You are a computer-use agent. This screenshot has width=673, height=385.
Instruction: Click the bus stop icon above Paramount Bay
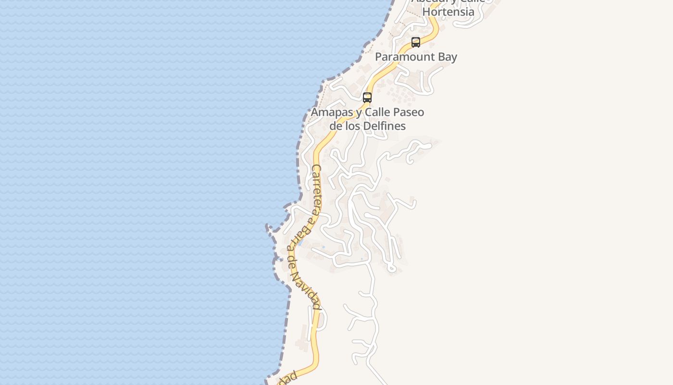click(x=416, y=42)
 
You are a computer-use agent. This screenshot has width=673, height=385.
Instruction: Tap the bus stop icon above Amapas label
click(x=367, y=98)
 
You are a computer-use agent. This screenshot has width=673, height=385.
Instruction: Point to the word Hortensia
click(x=449, y=12)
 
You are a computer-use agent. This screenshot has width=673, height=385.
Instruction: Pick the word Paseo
click(x=409, y=112)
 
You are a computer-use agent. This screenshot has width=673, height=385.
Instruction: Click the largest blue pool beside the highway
click(x=300, y=244)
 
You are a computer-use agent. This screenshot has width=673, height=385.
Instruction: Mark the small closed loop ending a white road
click(x=392, y=268)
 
